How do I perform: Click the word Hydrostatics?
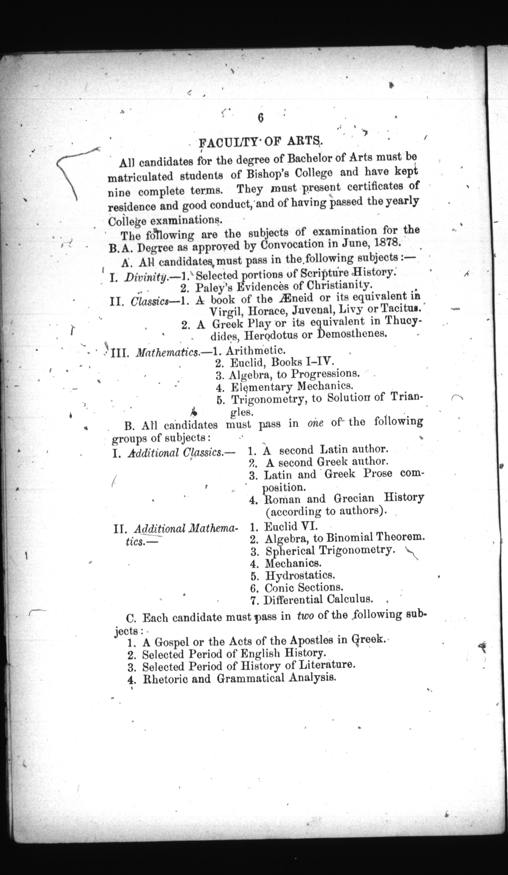point(300,575)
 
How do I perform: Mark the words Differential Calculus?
point(318,600)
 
